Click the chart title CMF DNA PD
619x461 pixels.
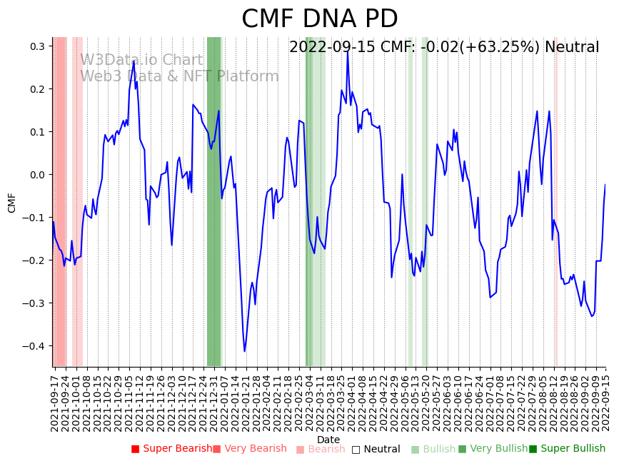point(319,19)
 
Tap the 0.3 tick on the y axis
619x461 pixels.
point(38,46)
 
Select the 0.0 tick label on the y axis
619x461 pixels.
point(38,175)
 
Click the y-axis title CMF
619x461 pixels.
point(12,202)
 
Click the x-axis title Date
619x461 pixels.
point(328,440)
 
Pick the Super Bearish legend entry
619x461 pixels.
point(172,449)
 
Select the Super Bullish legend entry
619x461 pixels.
point(567,449)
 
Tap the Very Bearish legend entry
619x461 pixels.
point(250,449)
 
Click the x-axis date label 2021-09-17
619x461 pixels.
point(55,400)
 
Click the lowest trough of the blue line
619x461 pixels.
point(244,351)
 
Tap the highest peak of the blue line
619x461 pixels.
point(348,51)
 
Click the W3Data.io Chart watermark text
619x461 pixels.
point(141,61)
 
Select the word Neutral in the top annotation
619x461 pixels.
point(572,48)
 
